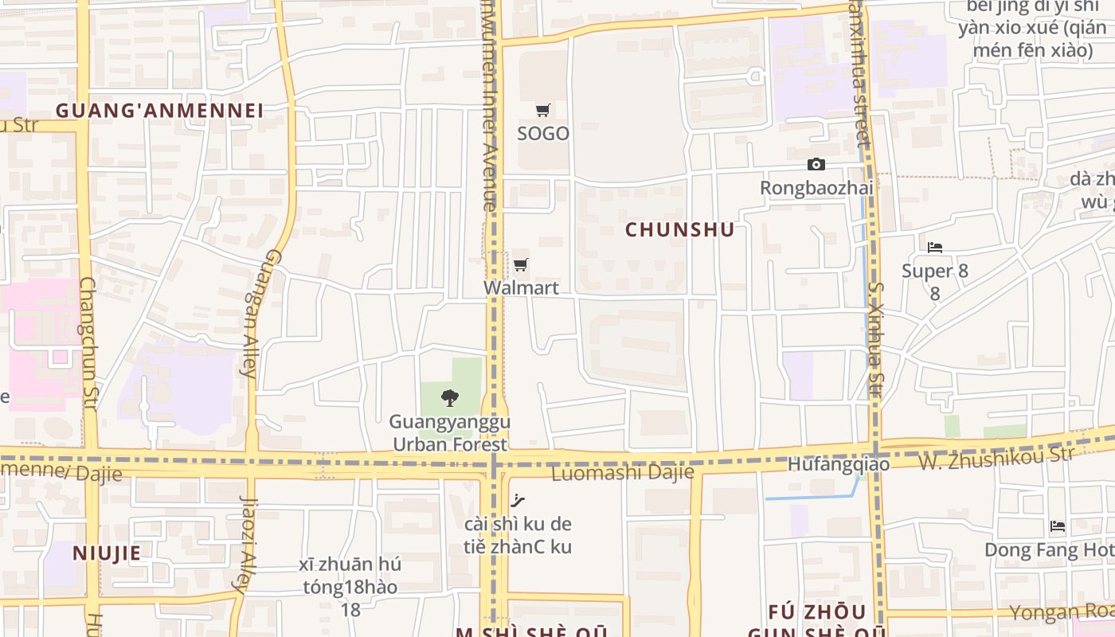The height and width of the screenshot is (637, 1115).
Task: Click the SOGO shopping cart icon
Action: click(543, 111)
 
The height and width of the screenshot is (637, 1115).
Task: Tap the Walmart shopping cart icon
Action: click(521, 264)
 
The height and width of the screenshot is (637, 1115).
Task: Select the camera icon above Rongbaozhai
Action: click(816, 164)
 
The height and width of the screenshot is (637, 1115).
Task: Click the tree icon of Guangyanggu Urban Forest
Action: click(450, 398)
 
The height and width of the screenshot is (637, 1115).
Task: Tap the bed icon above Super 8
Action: click(935, 248)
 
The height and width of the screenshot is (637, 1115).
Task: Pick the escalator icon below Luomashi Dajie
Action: click(518, 501)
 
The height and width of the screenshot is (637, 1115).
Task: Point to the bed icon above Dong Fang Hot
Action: click(1058, 526)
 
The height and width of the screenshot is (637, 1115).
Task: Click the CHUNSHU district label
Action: click(679, 229)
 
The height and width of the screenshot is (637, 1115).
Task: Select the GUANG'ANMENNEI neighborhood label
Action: click(159, 110)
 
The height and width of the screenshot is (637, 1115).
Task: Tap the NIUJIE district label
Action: click(107, 553)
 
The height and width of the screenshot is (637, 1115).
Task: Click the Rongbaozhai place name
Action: click(816, 188)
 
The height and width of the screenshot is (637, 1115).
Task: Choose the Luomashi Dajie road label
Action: click(623, 473)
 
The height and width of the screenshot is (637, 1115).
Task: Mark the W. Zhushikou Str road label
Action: click(996, 458)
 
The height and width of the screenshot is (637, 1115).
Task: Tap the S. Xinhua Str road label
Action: click(875, 339)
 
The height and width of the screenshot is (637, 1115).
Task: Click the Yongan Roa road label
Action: click(1062, 611)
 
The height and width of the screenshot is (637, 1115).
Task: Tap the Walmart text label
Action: click(521, 287)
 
